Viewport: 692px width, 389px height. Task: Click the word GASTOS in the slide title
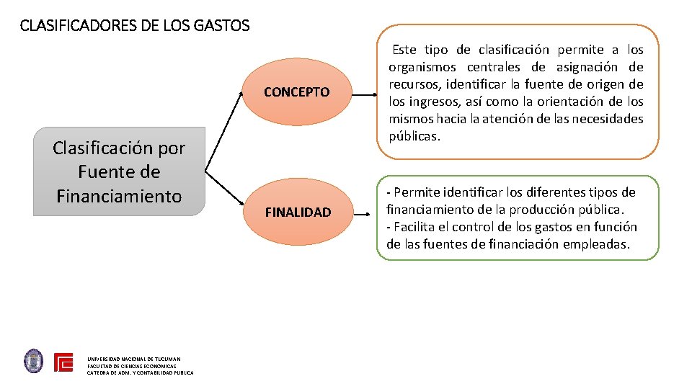pos(222,27)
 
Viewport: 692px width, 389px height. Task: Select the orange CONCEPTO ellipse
pos(296,92)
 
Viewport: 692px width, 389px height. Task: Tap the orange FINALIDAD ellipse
pos(298,213)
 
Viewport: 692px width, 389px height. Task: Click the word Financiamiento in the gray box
pos(119,196)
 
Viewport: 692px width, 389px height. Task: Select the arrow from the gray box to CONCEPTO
pos(224,134)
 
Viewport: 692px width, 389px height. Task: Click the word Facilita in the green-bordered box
pos(417,227)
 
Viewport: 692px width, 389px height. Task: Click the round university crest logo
pos(34,361)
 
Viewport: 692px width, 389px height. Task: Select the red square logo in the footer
pos(64,362)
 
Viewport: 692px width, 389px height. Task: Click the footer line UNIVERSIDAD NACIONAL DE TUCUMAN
pos(134,359)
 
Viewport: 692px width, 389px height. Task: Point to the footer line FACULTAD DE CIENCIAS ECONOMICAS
pos(132,366)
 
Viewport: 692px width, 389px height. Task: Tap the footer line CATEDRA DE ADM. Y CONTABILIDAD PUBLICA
pos(141,372)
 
